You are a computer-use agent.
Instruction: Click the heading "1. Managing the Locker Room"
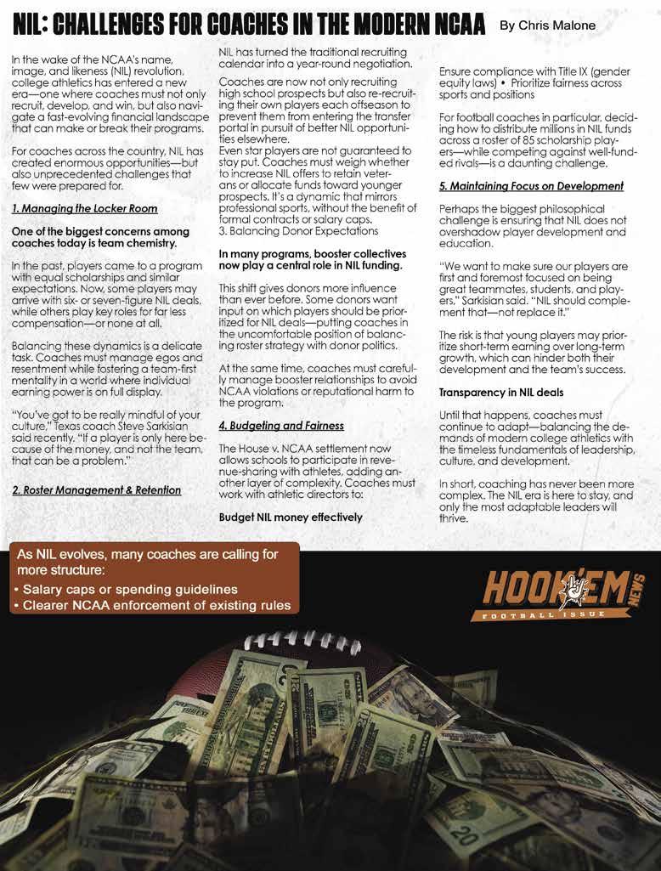pos(84,208)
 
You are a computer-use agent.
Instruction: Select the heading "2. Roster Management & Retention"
pos(96,489)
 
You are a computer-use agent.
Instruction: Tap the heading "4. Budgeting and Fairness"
pos(281,425)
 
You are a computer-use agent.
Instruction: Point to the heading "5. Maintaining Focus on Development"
pos(531,185)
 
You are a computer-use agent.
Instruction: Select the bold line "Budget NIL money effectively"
pos(291,517)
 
